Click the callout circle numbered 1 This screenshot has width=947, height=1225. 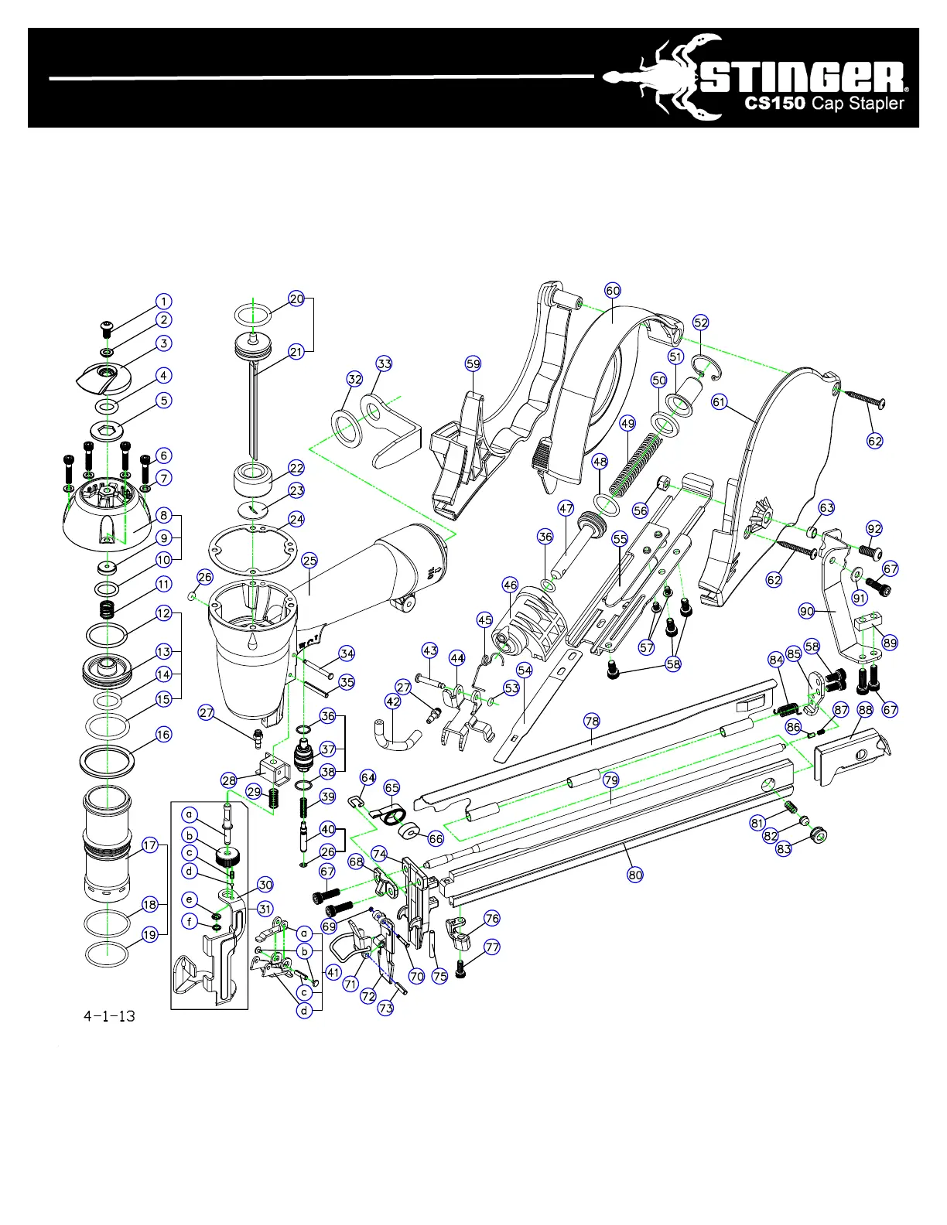(x=163, y=301)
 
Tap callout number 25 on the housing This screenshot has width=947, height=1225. (x=309, y=560)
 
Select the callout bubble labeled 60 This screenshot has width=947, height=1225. (x=613, y=291)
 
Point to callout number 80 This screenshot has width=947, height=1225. (x=635, y=875)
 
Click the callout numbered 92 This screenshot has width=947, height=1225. (x=874, y=529)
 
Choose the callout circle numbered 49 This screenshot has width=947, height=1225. (x=627, y=423)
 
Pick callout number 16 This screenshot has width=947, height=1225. (x=163, y=734)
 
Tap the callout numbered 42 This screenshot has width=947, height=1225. (x=393, y=701)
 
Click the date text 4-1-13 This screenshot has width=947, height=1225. (x=109, y=1015)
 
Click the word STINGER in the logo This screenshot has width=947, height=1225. (x=805, y=77)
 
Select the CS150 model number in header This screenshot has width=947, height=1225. (x=774, y=104)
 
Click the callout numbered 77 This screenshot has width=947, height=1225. (x=492, y=947)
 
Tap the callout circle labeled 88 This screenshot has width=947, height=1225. (x=865, y=709)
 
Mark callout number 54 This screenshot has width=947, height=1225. (x=525, y=671)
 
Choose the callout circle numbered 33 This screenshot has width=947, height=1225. (x=385, y=363)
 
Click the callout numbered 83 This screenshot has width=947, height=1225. (x=784, y=848)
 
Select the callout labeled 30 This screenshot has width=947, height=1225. (x=265, y=885)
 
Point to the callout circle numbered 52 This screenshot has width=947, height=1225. (x=701, y=322)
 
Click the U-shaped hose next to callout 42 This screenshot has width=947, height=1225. (x=396, y=736)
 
